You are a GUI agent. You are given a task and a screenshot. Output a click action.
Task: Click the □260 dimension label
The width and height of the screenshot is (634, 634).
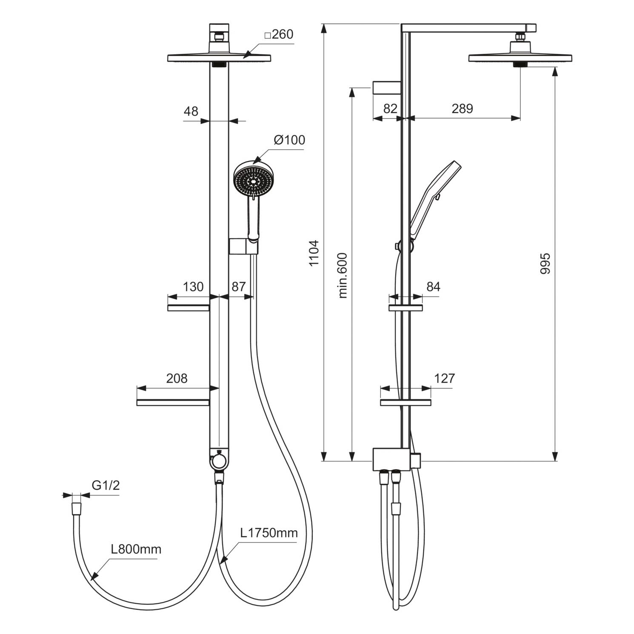pos(279,34)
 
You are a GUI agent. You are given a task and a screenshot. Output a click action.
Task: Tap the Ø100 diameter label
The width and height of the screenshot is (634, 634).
pos(289,140)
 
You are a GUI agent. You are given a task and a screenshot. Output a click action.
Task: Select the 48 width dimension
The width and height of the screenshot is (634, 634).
pos(191,111)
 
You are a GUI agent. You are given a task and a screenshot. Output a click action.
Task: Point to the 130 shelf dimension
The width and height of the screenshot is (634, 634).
pos(193,287)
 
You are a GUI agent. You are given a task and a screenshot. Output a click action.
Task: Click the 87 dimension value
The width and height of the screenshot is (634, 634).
pos(239,287)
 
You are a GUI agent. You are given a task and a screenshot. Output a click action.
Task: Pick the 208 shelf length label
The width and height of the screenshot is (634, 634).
pos(177,378)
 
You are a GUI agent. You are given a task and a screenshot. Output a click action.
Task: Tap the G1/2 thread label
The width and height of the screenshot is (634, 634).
pos(106,485)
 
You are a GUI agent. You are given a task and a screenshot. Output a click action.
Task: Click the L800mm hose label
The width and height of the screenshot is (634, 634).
pos(136,549)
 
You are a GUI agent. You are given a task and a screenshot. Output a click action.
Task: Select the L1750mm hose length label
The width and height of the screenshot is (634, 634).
pos(269,533)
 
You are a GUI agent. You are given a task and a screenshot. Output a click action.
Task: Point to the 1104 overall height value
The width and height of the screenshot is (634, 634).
pos(314,254)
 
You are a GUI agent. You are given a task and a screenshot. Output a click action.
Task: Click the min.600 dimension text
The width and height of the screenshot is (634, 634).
pos(343,276)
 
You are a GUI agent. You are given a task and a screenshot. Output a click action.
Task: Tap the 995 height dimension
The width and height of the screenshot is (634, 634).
pos(545,264)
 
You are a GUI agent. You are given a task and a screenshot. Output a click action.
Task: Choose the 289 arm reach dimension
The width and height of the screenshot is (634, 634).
pos(463,109)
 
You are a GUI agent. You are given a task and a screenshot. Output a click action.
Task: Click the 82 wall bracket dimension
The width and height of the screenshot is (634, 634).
pos(390,109)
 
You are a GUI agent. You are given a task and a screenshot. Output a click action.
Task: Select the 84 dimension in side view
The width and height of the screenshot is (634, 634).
pos(433,287)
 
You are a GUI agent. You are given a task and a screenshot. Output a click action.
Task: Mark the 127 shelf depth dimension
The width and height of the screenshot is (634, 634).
pos(445,378)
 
